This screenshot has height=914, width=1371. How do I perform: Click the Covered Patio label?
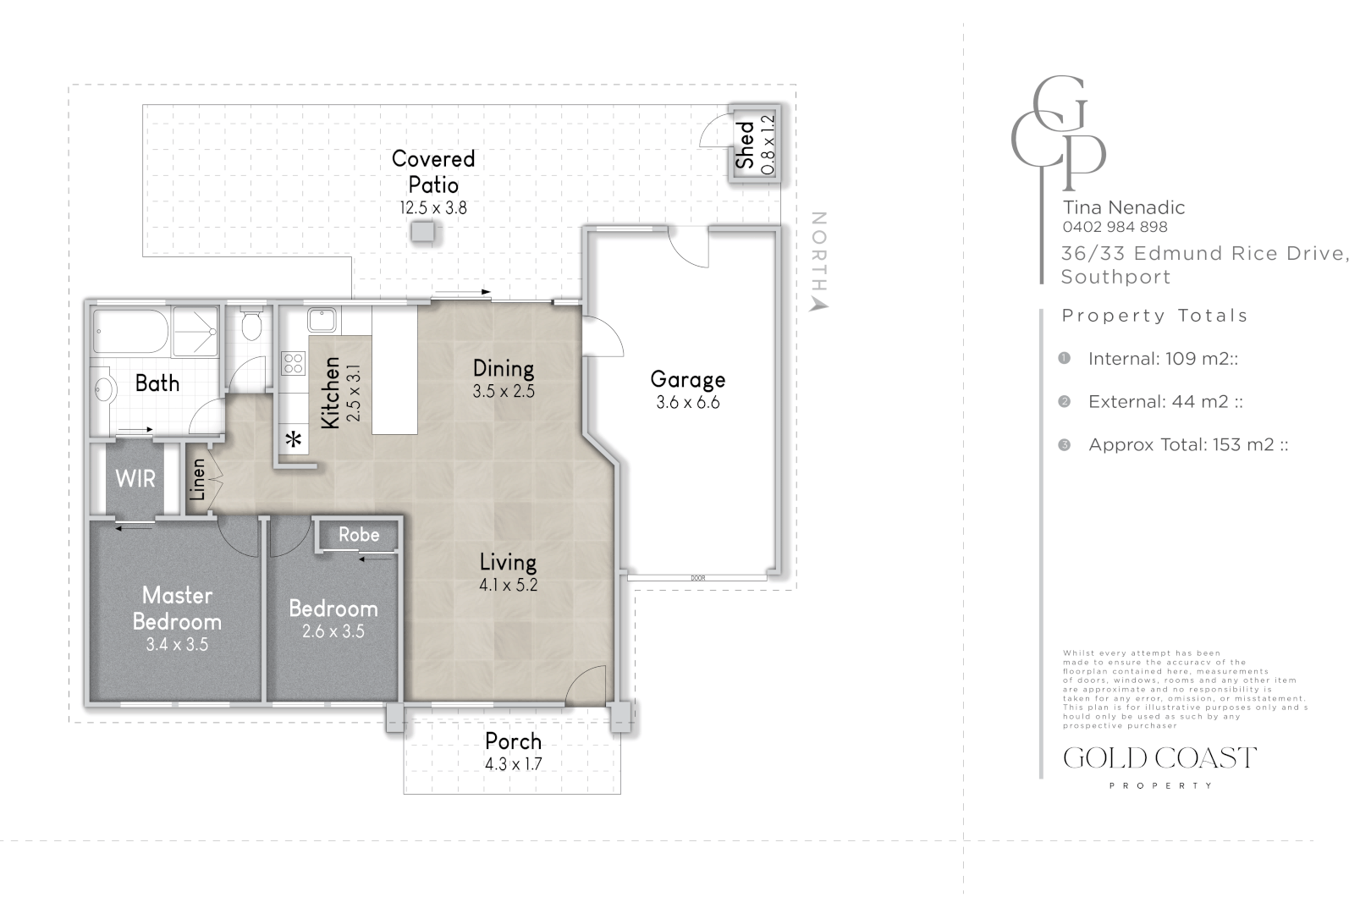[433, 171]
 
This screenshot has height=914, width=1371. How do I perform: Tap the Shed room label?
[746, 145]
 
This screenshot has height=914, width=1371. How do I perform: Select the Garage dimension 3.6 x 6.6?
[687, 403]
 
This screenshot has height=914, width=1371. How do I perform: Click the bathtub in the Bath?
[131, 331]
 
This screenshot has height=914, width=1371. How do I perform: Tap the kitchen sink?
[322, 320]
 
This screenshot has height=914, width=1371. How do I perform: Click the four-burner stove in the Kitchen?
[293, 364]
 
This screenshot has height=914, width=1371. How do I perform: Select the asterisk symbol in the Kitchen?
[294, 440]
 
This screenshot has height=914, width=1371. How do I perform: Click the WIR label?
[135, 478]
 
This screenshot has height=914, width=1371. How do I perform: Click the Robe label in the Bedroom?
[359, 535]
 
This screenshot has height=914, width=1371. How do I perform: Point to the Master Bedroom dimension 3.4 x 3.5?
[177, 645]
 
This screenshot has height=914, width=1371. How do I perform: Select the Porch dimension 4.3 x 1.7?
[513, 763]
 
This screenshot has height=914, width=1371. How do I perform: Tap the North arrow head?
[818, 304]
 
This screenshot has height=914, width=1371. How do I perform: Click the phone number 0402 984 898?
[1115, 227]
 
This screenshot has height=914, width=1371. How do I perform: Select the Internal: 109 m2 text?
[1163, 359]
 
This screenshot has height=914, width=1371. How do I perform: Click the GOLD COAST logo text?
[1159, 757]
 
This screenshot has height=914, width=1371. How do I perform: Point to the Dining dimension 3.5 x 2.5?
[504, 392]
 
